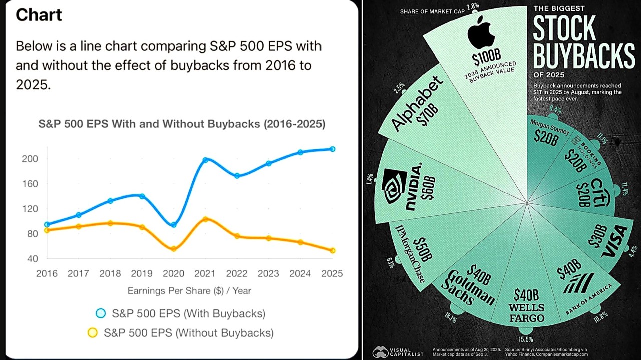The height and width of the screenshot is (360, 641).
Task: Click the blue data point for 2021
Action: (205, 160)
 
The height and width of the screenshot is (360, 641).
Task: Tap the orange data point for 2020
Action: (174, 248)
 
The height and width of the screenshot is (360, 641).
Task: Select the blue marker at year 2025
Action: (332, 149)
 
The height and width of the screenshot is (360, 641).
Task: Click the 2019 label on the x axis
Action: (142, 273)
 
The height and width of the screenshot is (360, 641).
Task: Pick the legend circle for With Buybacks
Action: (101, 314)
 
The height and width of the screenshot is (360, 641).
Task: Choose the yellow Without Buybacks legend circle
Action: (93, 332)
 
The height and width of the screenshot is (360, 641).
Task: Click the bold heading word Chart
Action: (39, 15)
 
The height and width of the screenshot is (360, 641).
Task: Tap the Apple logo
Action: (481, 33)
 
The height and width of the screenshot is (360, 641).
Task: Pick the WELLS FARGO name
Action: (526, 312)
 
